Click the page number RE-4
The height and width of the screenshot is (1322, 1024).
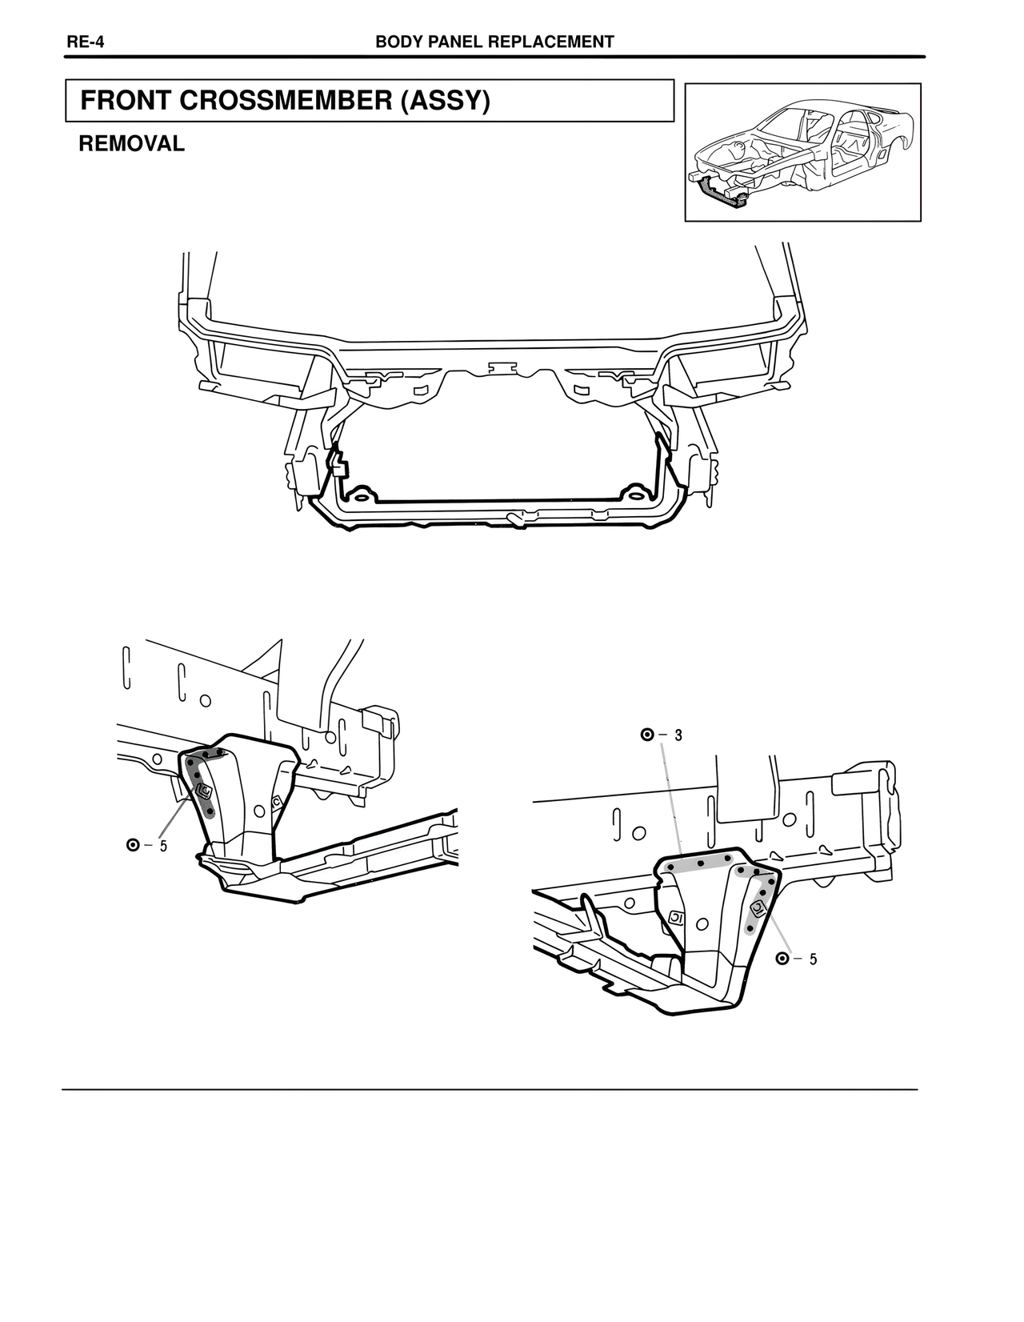point(85,42)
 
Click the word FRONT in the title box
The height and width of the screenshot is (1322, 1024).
point(126,100)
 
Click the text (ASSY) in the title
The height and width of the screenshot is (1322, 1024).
point(445,101)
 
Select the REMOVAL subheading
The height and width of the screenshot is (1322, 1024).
point(131,143)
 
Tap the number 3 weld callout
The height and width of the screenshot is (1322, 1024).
point(678,735)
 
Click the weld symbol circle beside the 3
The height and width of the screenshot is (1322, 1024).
point(647,735)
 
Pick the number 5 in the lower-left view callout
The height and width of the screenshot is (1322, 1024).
point(163,846)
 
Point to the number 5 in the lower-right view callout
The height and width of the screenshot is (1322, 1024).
point(813,959)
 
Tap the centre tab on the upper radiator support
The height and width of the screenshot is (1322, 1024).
point(502,367)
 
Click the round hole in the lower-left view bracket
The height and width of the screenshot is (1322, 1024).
point(260,811)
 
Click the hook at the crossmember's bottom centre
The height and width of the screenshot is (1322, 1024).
point(515,519)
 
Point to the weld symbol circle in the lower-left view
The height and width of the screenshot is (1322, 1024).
point(133,846)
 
